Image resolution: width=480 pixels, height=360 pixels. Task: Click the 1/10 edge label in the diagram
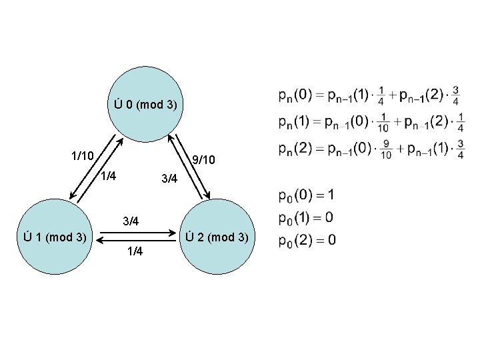click(x=83, y=156)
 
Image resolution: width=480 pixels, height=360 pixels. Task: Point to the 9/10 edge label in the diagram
click(x=203, y=160)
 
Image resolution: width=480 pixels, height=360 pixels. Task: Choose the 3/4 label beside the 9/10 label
click(x=169, y=179)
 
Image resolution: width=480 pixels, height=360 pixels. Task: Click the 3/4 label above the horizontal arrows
click(x=130, y=221)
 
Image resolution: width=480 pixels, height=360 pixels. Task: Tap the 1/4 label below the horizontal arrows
click(x=134, y=251)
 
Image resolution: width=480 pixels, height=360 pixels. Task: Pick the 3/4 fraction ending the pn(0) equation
click(x=455, y=96)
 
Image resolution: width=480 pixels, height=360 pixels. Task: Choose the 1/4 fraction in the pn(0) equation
click(x=380, y=96)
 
